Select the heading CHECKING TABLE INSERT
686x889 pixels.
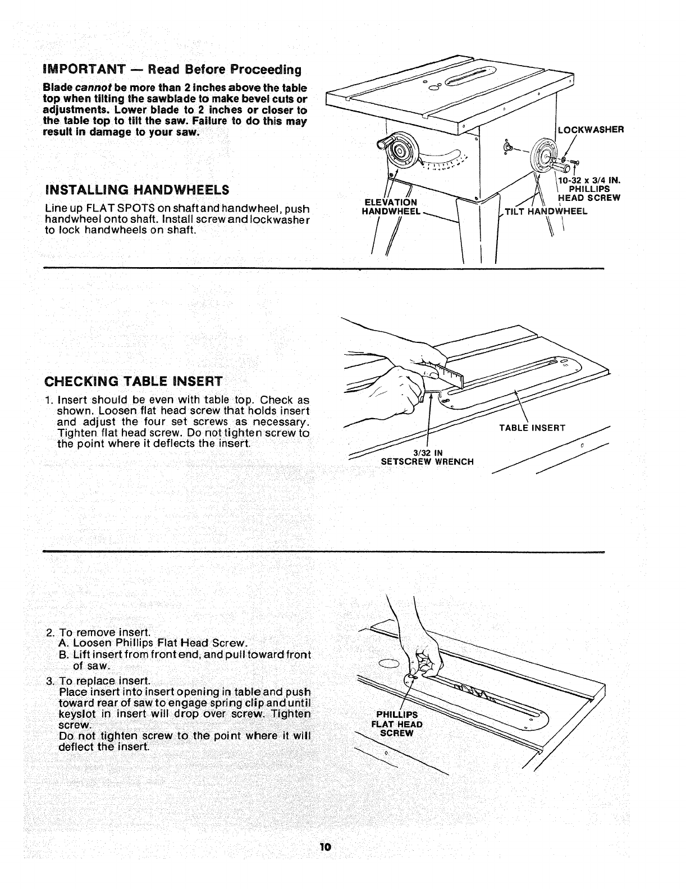(134, 381)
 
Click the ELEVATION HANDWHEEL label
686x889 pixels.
(391, 207)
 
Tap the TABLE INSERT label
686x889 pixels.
(532, 428)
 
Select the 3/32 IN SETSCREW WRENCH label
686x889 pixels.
(427, 457)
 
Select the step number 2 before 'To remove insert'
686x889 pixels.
(50, 633)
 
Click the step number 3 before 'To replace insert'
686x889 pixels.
(50, 681)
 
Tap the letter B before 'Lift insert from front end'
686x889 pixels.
(62, 655)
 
